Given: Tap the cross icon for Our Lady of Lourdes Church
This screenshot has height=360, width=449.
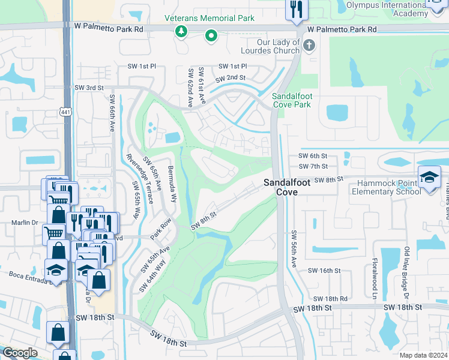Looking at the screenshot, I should click(x=309, y=46).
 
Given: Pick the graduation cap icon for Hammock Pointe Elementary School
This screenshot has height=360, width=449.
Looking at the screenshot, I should click(x=430, y=177).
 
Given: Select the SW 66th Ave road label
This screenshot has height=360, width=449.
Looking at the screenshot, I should click(x=112, y=113).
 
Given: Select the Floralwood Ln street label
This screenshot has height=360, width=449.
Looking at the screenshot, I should click(x=373, y=279).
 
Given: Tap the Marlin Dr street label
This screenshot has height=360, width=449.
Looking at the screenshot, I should click(x=25, y=221).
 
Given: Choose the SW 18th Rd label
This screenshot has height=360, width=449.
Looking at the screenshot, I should click(x=330, y=298).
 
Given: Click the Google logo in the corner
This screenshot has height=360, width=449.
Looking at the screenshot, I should click(x=20, y=353).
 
